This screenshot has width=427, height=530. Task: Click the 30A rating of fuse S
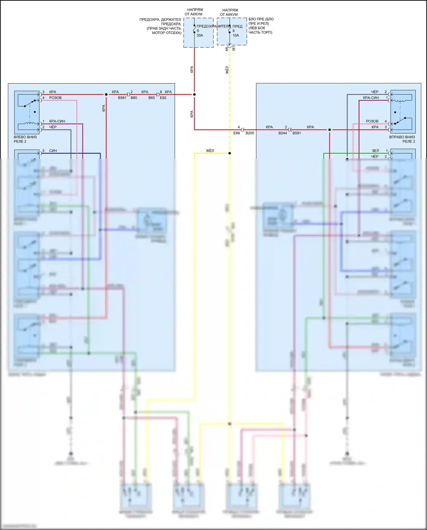[x=200, y=35]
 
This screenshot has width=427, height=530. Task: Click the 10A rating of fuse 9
[x=236, y=35]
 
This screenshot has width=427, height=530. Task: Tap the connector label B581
[x=122, y=98]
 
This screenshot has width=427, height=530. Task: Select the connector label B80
[x=134, y=98]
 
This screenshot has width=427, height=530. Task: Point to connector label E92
[x=163, y=98]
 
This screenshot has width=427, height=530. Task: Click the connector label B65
[x=152, y=98]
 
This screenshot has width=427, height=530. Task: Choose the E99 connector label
[x=237, y=133]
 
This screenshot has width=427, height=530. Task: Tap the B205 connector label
[x=250, y=133]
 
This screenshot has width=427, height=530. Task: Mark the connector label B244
[x=283, y=133]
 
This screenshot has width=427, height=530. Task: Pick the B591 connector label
[x=297, y=133]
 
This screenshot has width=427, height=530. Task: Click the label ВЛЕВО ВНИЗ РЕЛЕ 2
[x=25, y=139]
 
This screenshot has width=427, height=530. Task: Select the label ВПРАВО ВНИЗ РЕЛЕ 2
[x=402, y=139]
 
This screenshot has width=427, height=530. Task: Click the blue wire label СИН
[x=53, y=151]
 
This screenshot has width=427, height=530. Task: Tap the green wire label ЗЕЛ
[x=375, y=151]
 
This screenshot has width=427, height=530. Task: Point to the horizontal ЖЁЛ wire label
[x=210, y=151]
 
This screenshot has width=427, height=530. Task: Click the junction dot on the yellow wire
[x=230, y=153]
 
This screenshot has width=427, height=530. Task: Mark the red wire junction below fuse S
[x=194, y=94]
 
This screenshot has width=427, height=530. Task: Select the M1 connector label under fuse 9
[x=234, y=48]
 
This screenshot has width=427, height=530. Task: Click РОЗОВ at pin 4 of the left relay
[x=55, y=98]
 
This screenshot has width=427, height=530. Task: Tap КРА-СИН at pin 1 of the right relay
[x=371, y=98]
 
